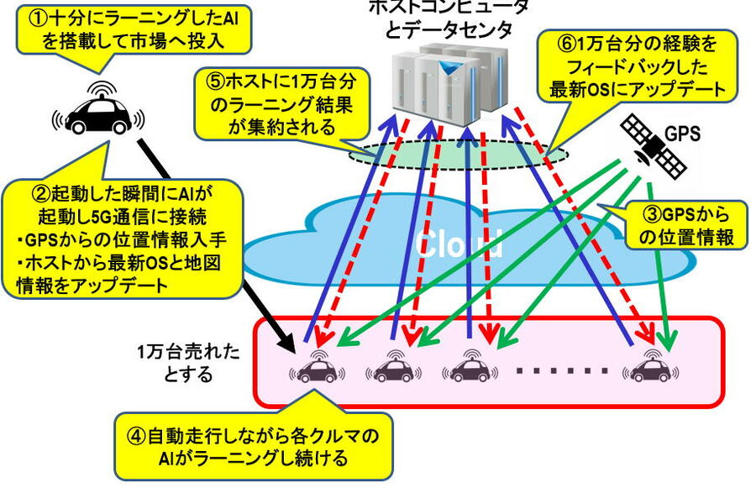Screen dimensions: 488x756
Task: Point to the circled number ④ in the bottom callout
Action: pyautogui.click(x=137, y=437)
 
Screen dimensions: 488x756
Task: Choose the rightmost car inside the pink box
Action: pyautogui.click(x=650, y=368)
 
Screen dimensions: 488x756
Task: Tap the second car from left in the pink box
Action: pyautogui.click(x=392, y=368)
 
